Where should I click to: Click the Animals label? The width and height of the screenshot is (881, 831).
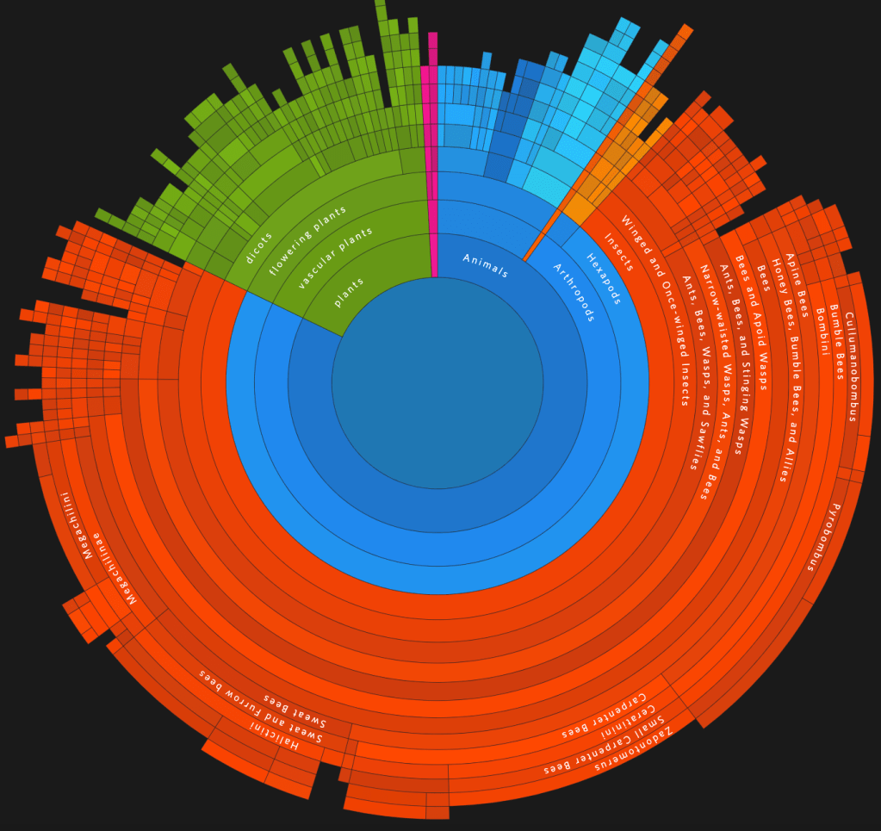pos(485,265)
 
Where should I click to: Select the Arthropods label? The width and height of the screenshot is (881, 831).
pos(573,292)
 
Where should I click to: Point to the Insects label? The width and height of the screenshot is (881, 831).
pos(618,252)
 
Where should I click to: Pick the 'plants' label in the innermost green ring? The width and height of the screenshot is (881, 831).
pos(350,292)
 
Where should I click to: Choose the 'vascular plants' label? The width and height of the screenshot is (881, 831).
pos(335,257)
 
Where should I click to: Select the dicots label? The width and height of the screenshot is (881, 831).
pos(258,248)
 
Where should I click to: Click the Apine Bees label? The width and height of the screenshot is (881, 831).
pos(797,285)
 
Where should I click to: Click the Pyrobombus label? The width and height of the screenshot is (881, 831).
pos(823,537)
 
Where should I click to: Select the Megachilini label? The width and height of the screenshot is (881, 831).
pos(76,525)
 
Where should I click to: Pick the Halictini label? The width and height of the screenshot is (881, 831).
pos(273,735)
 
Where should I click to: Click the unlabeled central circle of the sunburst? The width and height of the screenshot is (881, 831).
pos(437,383)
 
